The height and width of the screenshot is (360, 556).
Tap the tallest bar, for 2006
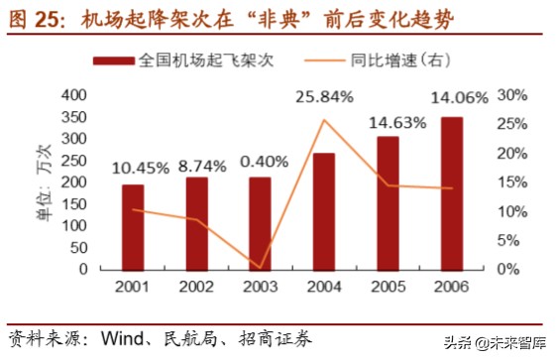(x=451, y=193)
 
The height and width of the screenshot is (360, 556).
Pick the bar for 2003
(x=261, y=223)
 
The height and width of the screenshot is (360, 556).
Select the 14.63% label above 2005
(x=393, y=123)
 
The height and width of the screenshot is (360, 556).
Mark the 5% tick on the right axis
(x=506, y=240)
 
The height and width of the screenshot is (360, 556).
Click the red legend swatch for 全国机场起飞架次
(x=115, y=60)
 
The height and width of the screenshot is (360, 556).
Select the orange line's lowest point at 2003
(x=261, y=267)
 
